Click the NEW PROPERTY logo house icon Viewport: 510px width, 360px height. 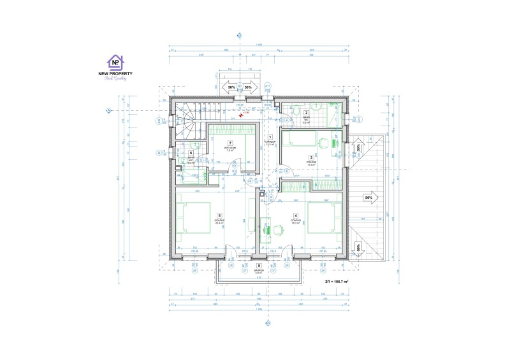pos(115,62)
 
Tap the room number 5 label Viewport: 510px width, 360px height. pos(219,215)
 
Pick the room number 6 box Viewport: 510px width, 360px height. pos(191,152)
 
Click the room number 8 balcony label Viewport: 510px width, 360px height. pos(258,266)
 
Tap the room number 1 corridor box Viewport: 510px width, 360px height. pos(270,137)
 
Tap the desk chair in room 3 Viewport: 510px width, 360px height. pos(322,143)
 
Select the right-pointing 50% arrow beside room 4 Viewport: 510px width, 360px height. pos(368,198)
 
